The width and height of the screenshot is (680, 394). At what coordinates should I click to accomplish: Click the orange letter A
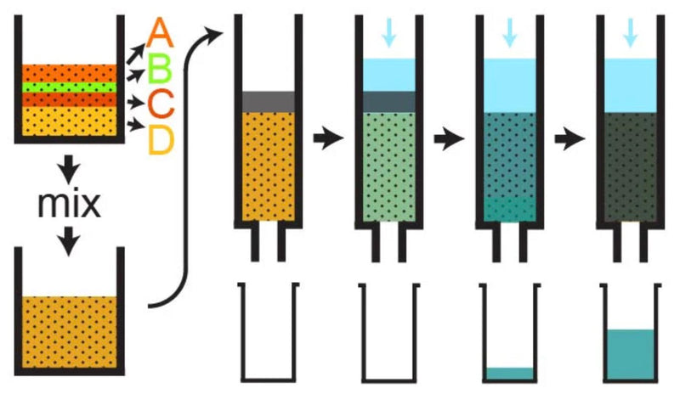coord(160,32)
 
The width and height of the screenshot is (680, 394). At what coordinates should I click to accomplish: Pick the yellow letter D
coord(161,139)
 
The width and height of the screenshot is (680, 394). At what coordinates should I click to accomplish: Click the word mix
coord(70,204)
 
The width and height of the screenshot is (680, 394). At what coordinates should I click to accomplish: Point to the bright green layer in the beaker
coord(70,87)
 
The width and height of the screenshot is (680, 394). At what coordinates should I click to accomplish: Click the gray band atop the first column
coord(269,102)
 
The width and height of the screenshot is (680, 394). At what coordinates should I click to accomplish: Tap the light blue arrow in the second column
coord(389,32)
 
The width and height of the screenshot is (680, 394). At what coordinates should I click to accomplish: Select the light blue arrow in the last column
coord(631,32)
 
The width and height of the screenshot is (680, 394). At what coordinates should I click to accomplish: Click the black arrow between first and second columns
coord(328,138)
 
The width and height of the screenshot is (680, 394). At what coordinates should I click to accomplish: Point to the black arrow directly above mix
coord(70,169)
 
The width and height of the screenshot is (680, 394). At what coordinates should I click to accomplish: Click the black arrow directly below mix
coord(70,241)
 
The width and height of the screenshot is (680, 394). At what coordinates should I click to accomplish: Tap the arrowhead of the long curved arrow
coord(214,34)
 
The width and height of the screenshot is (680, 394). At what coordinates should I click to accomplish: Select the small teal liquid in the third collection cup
coord(510,373)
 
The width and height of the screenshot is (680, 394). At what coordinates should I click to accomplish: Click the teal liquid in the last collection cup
coord(631,354)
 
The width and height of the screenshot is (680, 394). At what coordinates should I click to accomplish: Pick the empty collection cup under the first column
coord(269,333)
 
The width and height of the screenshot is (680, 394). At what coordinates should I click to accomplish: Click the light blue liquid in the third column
coord(510,86)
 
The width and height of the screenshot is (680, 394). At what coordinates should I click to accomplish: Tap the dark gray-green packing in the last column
coord(631,167)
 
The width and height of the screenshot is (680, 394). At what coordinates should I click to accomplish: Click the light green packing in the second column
coord(389,167)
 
